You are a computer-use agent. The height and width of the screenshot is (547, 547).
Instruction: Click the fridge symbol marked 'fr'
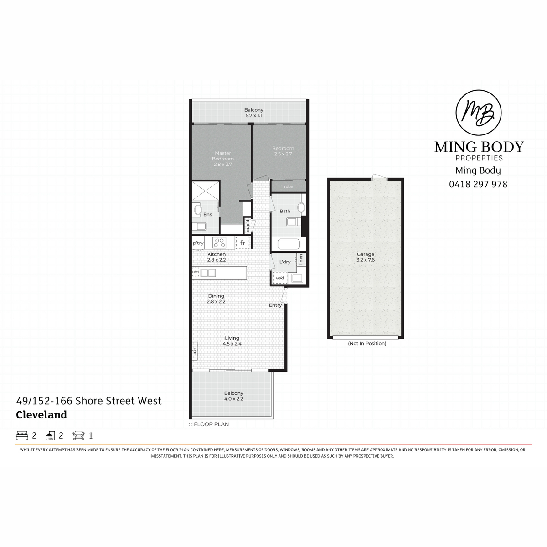click(x=242, y=243)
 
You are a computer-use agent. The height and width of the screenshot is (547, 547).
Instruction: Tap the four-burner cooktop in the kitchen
click(x=219, y=243)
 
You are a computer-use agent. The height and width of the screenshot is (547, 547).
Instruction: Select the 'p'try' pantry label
click(x=198, y=243)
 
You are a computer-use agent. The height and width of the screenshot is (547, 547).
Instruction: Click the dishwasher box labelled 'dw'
click(x=196, y=272)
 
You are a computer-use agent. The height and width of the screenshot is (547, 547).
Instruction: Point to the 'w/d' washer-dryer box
click(x=280, y=278)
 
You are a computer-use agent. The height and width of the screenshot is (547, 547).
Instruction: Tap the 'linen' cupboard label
click(x=301, y=259)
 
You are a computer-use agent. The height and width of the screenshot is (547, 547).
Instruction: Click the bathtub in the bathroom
click(x=289, y=244)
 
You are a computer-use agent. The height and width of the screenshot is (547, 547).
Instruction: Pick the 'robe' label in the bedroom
click(x=289, y=186)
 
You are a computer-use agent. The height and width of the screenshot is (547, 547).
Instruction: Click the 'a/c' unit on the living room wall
click(x=195, y=351)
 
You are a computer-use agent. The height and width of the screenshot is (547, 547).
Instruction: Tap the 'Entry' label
click(x=275, y=305)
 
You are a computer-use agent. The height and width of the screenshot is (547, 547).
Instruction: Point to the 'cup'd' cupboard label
click(x=248, y=226)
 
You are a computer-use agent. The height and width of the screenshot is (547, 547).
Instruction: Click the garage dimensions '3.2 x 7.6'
click(x=366, y=260)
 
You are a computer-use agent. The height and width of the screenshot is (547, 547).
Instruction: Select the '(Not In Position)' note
click(x=367, y=343)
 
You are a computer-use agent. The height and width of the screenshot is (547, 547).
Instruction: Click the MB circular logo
click(x=478, y=113)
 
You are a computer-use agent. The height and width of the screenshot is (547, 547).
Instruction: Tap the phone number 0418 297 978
click(x=478, y=184)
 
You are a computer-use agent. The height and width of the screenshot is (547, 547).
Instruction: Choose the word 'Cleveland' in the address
click(x=41, y=415)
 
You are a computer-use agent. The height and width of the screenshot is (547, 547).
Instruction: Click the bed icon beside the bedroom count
click(x=22, y=435)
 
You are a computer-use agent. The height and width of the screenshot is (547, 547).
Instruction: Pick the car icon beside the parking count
click(x=78, y=435)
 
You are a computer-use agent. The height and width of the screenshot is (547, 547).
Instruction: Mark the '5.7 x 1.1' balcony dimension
click(x=254, y=115)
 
